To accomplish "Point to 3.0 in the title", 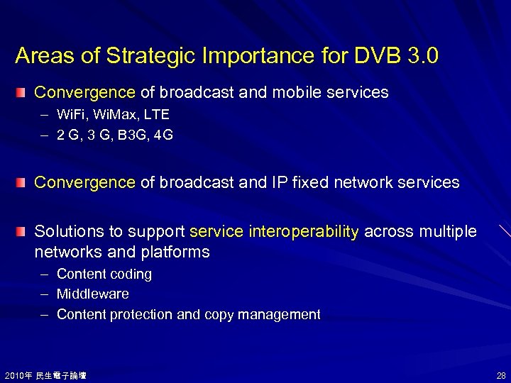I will point(424,56).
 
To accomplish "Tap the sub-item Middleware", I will point(92,294).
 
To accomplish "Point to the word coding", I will point(131,274).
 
